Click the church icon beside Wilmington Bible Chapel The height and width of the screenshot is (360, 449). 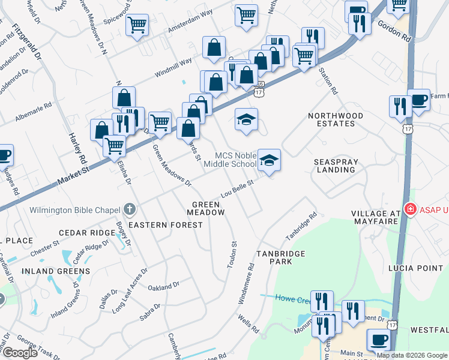click(x=129, y=210)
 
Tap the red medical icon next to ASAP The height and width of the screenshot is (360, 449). click(x=411, y=210)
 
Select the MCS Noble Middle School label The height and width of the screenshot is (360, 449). click(x=230, y=159)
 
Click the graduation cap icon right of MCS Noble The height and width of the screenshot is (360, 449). click(x=270, y=159)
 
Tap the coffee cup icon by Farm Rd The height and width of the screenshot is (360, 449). click(x=418, y=100)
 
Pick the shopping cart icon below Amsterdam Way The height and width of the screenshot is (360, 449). click(x=137, y=25)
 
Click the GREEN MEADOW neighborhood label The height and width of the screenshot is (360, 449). click(x=205, y=208)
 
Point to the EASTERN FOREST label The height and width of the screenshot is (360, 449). click(x=166, y=224)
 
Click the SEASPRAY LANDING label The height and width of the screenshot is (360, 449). click(x=335, y=166)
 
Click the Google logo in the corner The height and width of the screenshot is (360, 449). click(x=21, y=353)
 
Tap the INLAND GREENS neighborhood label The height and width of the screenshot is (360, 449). click(x=56, y=271)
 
